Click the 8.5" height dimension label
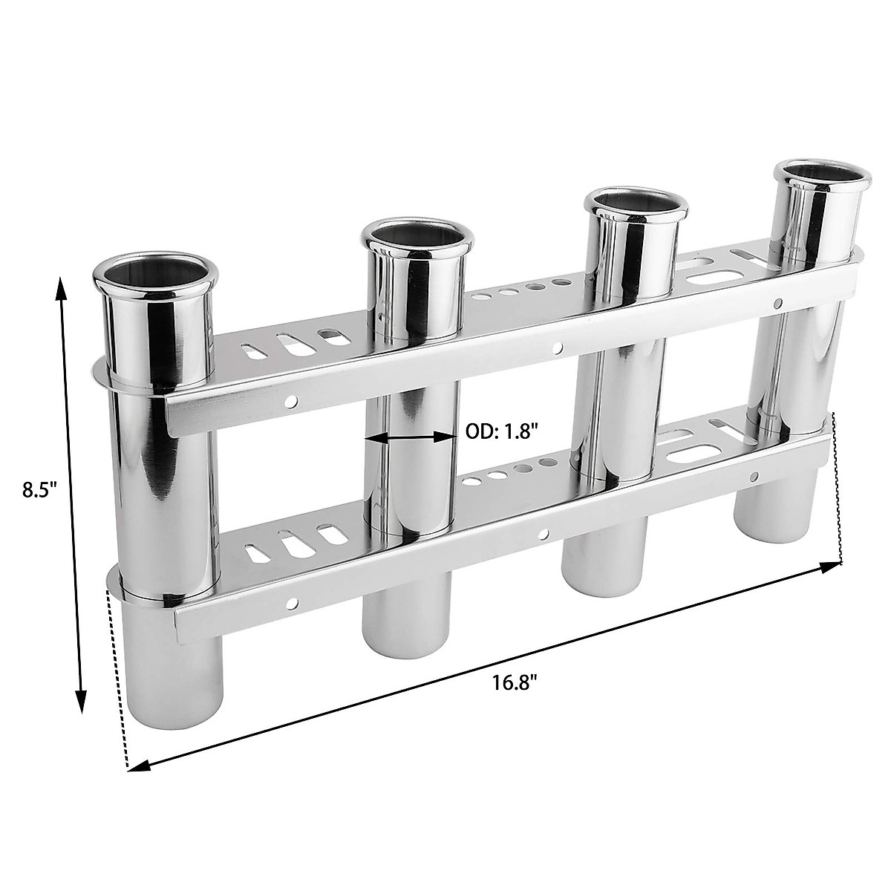[x=39, y=492]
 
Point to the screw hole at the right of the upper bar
[x=777, y=303]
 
